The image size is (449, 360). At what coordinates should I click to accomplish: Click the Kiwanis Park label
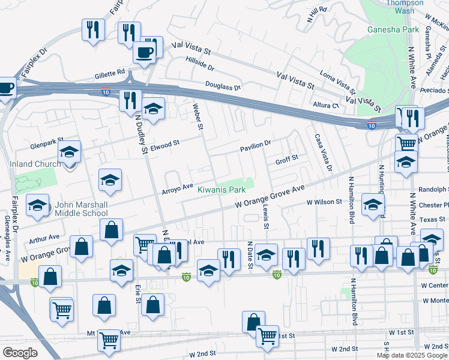point(222,190)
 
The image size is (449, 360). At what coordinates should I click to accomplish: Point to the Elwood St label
point(165,144)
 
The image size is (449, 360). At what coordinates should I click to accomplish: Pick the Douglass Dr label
point(223,86)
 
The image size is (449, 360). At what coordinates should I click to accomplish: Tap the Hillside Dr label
point(199,63)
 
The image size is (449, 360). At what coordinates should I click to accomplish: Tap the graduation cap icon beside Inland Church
point(70,151)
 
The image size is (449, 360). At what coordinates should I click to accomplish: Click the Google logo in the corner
point(20,353)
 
